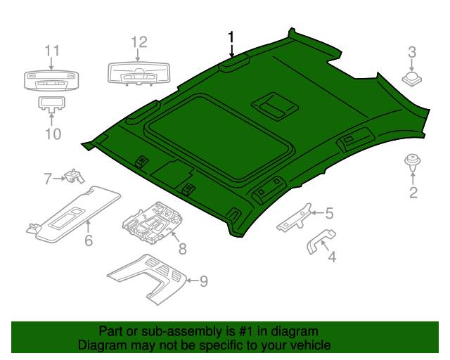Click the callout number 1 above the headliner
[231, 37]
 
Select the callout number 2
[413, 192]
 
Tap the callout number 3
[413, 51]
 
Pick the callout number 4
[331, 257]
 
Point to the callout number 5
[328, 212]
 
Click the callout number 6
[89, 241]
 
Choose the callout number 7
[48, 179]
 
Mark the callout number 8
[182, 248]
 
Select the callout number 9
[203, 281]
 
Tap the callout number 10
[53, 133]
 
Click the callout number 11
[53, 51]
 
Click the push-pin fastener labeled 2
[411, 164]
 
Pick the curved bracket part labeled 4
[319, 240]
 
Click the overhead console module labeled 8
[150, 220]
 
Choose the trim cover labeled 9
[150, 278]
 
